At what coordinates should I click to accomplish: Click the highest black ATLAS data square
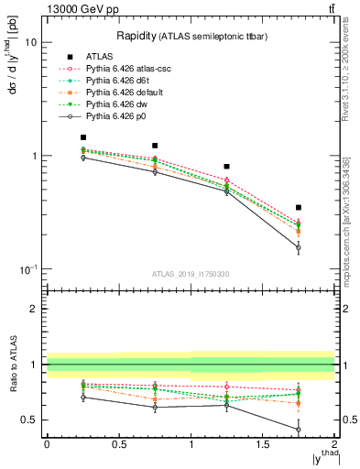(83, 137)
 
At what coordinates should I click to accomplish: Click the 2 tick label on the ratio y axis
(33, 310)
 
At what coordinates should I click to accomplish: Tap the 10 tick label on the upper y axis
(29, 42)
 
